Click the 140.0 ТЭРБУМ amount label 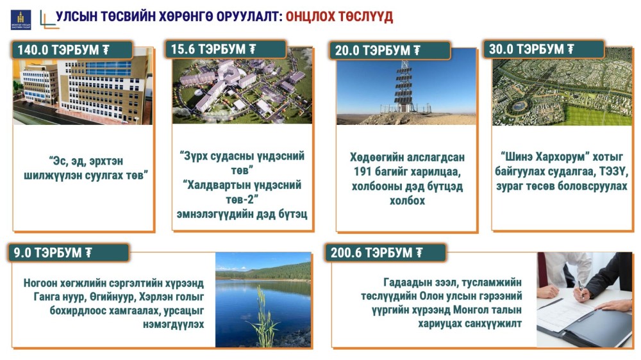click(x=63, y=50)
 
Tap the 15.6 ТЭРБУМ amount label click(x=213, y=49)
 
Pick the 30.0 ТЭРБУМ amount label click(x=531, y=49)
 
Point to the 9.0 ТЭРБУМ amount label click(x=53, y=252)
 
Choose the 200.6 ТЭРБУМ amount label click(x=376, y=252)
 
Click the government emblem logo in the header click(x=21, y=20)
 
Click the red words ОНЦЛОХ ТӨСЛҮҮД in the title click(x=339, y=17)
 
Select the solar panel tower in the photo click(x=403, y=87)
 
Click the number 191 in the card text click(x=362, y=172)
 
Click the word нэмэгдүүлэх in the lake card click(x=173, y=325)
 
